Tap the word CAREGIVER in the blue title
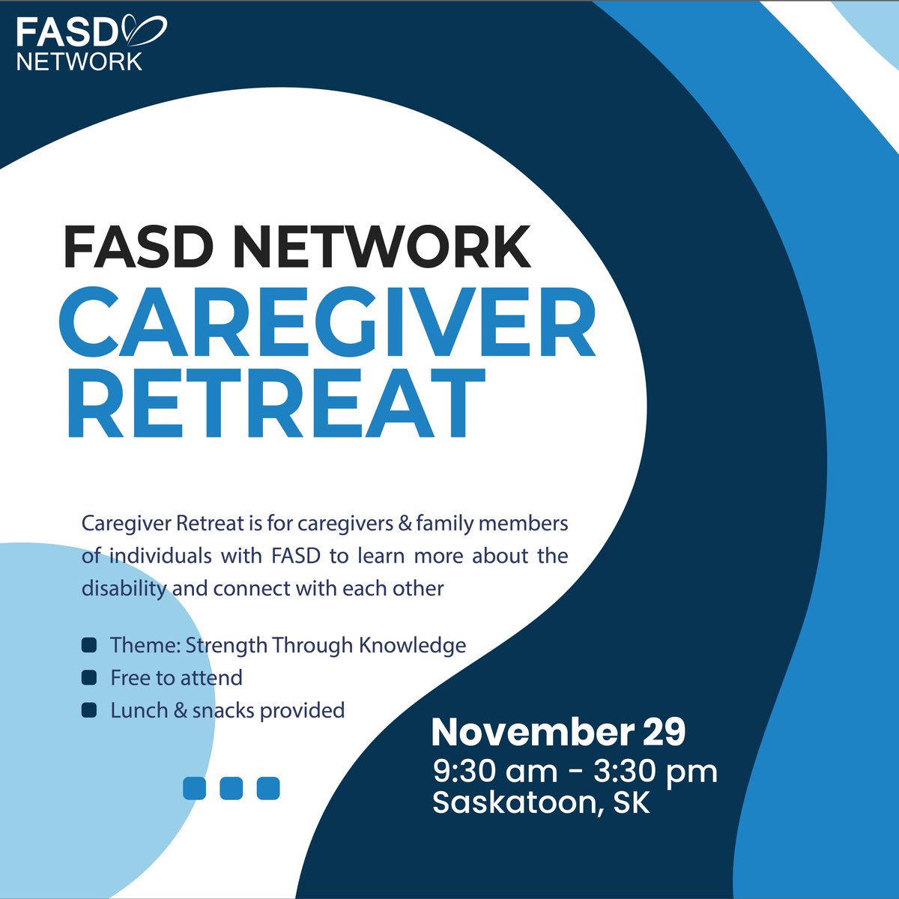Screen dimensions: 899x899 [x=327, y=325]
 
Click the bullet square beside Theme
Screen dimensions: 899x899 [x=89, y=645]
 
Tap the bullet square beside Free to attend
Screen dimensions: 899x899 [x=89, y=677]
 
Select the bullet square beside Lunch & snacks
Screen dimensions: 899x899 [x=89, y=709]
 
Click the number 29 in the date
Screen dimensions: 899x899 [x=664, y=733]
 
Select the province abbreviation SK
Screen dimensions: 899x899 [x=631, y=802]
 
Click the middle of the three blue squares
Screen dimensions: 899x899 [x=231, y=788]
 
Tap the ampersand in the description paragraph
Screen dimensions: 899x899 [x=405, y=523]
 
